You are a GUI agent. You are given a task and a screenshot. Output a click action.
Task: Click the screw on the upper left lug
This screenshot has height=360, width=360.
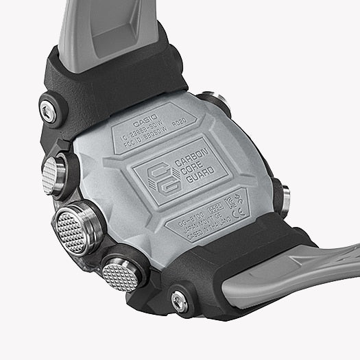49,108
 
